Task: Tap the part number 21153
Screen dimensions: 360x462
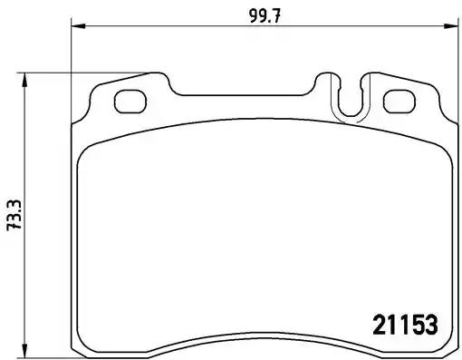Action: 406,323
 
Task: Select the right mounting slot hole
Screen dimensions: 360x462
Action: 398,100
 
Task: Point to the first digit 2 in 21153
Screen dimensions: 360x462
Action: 380,323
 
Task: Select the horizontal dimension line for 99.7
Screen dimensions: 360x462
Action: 181,27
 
